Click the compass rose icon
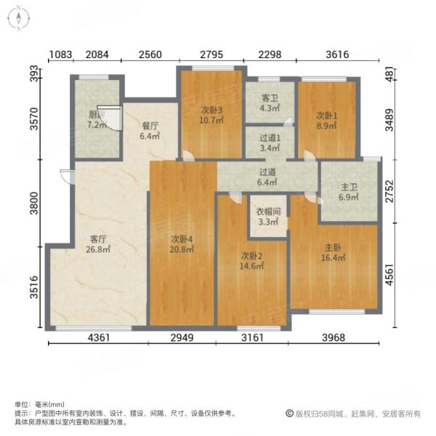18,18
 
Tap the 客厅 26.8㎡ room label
98,244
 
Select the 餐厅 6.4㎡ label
150,131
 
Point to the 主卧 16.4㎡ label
333,252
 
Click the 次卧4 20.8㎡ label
182,244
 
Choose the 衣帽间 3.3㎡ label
268,217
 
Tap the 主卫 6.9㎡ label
349,192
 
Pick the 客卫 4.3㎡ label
270,103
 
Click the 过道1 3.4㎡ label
270,143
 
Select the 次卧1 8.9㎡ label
326,121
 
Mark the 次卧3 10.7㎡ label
212,115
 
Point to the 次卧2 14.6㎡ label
251,261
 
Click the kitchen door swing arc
110,118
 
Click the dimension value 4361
99,338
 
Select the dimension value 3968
334,338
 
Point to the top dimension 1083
60,54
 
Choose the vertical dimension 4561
389,275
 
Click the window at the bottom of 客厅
94,328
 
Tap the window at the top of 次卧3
213,68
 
